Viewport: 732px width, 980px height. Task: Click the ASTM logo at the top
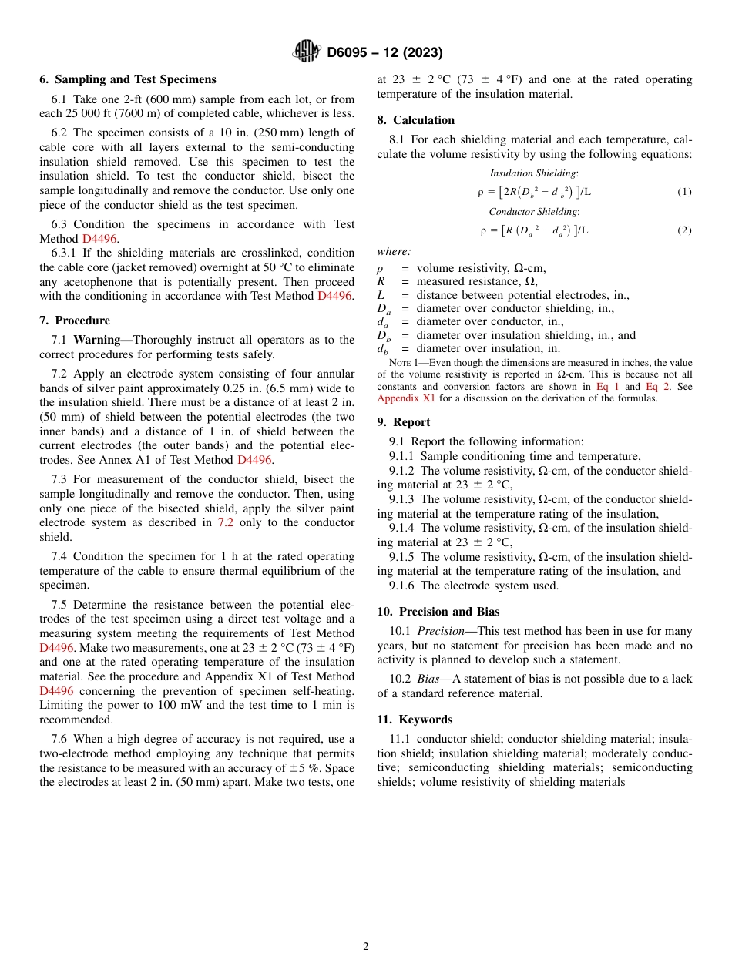coord(307,52)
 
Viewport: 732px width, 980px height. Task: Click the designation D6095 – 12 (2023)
coord(384,52)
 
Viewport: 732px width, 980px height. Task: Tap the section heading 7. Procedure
coord(75,321)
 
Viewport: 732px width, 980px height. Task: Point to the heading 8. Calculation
coord(416,120)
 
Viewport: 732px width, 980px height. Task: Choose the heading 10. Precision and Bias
coord(438,612)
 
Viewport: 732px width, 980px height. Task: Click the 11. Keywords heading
coord(415,720)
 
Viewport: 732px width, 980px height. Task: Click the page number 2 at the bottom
coord(366,947)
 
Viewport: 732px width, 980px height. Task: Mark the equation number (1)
coord(684,192)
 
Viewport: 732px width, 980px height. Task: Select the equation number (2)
coord(684,230)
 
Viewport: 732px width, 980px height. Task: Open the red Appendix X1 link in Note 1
coord(406,398)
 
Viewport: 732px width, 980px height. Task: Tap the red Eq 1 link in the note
coord(607,387)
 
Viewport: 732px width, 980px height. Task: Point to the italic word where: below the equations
coord(394,252)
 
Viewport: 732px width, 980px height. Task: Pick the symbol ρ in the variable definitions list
coord(380,268)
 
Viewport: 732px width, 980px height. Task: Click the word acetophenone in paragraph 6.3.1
coord(92,282)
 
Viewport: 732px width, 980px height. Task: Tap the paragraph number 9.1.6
coord(403,586)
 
